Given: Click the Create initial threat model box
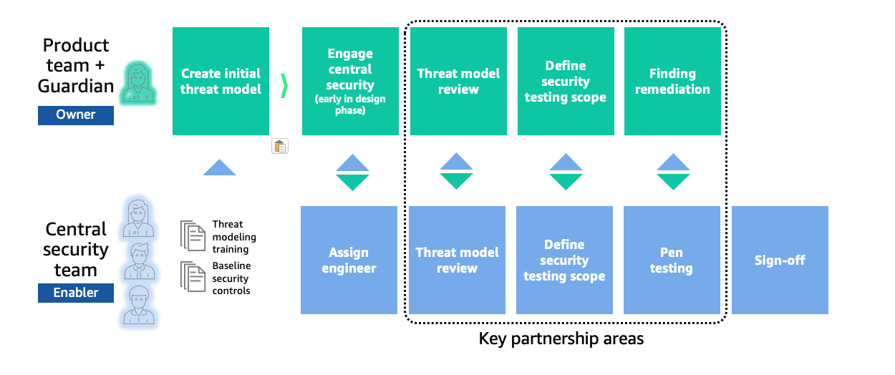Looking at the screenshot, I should tap(221, 82).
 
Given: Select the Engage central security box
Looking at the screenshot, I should tap(350, 82).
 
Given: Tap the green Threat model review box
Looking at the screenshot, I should tap(458, 82).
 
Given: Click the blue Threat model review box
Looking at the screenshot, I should tap(457, 260).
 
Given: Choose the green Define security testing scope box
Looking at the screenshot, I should tap(565, 82).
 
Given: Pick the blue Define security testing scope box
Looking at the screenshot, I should tap(564, 260).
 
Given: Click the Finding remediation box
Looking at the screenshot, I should tap(672, 82).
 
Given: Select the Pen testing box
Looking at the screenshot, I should tap(672, 260).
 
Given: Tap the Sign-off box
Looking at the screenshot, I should tap(780, 260).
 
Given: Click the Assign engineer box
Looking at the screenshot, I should tap(349, 260).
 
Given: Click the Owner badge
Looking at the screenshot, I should tap(76, 115).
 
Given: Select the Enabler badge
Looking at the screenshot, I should tap(76, 293).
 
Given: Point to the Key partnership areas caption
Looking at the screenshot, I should tap(561, 339).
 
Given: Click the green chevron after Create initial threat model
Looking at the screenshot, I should tap(284, 85).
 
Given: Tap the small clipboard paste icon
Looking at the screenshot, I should tap(280, 147).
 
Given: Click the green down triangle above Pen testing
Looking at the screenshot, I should tap(673, 182).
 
